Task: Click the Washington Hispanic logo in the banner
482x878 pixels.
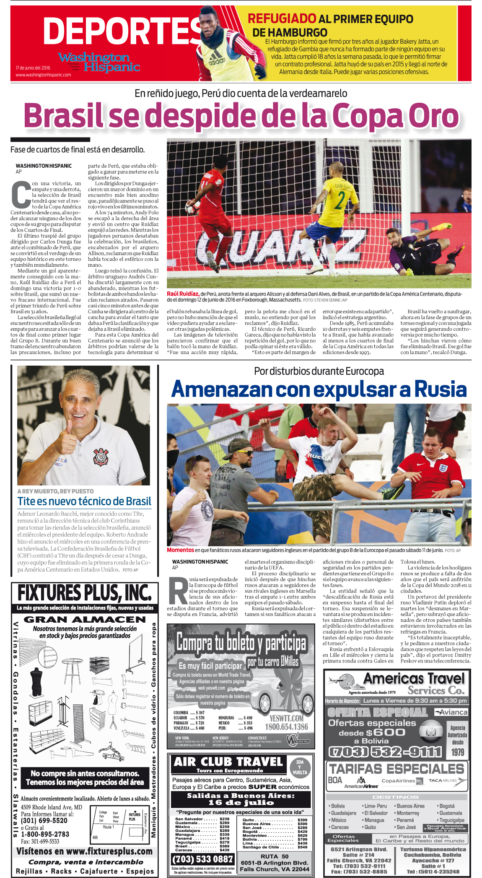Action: [99, 62]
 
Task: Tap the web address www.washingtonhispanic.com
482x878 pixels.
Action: [43, 75]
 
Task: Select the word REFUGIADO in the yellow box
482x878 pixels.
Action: [282, 19]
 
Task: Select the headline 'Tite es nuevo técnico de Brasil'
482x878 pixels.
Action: [84, 501]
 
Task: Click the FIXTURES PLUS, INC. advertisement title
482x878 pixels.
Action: [84, 593]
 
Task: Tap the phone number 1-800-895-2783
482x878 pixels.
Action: [45, 834]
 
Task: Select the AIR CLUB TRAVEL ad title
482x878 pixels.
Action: [228, 762]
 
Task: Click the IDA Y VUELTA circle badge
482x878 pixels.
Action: [300, 767]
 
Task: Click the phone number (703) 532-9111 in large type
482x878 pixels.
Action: [385, 752]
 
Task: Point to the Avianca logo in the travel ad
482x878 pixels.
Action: [451, 712]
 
